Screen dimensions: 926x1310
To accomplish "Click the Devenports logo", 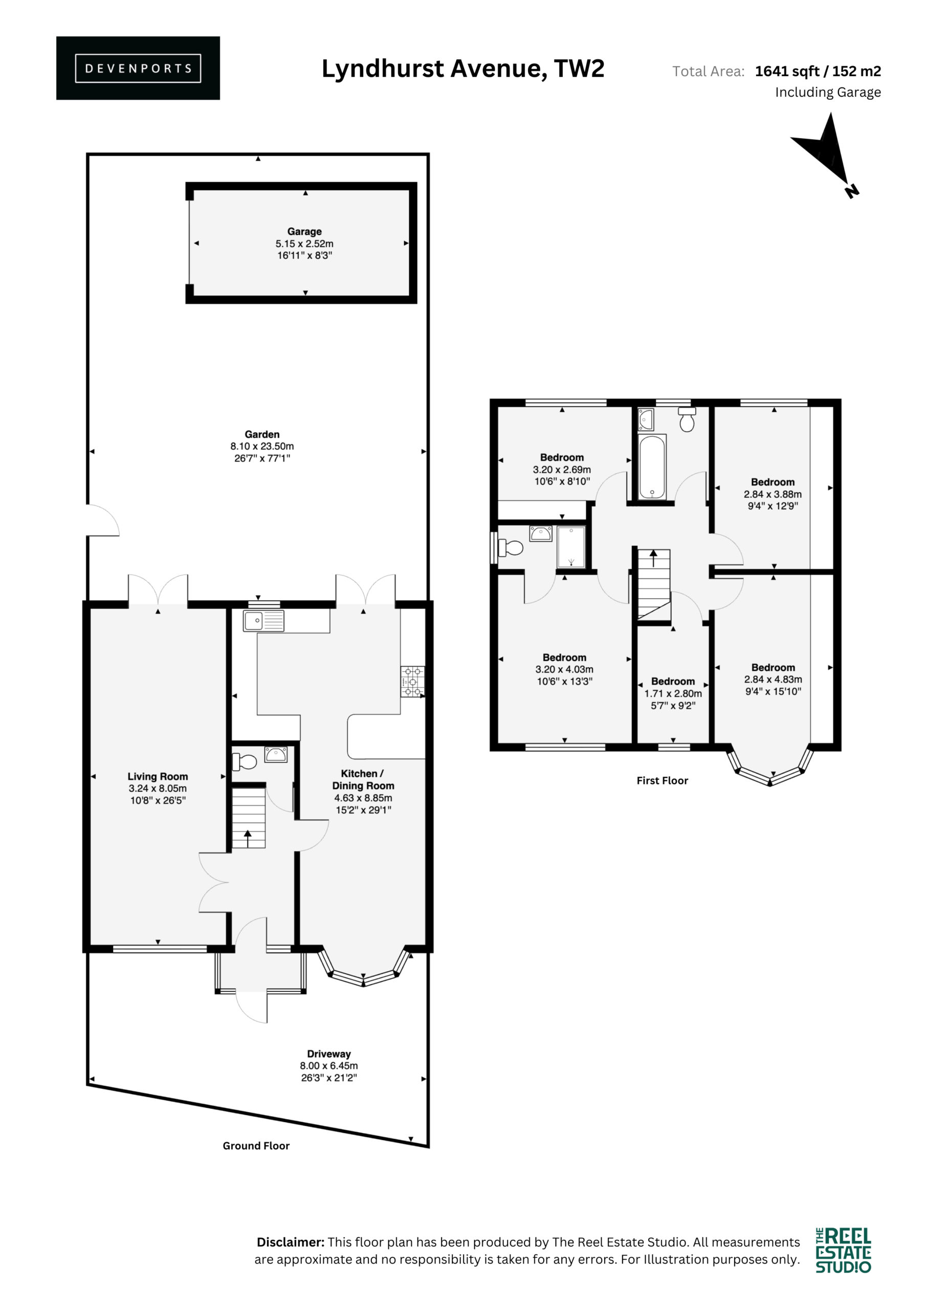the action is click(138, 68).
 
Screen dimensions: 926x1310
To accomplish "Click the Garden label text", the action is click(262, 434).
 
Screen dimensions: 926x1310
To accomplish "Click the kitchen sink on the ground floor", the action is click(263, 621).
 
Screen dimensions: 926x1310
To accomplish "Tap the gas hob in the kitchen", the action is click(412, 682).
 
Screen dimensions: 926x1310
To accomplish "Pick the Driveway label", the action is click(328, 1054).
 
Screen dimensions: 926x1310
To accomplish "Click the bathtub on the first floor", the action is click(652, 467).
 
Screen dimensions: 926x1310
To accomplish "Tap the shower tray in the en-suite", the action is click(571, 547).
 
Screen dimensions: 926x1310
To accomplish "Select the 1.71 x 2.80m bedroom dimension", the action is click(673, 693).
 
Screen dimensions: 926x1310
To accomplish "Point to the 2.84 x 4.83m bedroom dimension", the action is click(773, 679).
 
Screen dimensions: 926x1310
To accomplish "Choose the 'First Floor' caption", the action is click(663, 780).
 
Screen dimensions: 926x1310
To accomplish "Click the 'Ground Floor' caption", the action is click(256, 1146).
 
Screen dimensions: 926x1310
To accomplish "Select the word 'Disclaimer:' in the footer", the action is click(291, 1242).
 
